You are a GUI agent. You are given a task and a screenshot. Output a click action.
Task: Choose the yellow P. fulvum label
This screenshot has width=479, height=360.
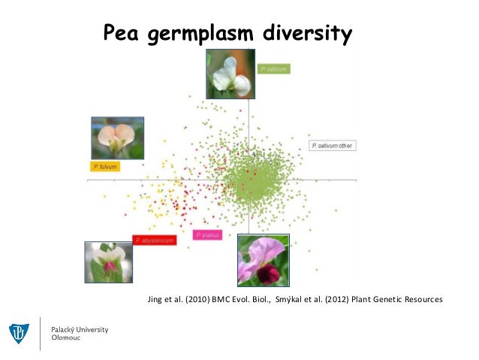coord(104,165)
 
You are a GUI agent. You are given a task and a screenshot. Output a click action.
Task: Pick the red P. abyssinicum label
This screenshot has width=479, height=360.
coord(155,240)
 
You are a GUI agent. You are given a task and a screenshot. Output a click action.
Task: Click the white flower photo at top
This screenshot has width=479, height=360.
coord(230,74)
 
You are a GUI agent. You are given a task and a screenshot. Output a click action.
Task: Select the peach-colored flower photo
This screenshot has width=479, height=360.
coord(117,138)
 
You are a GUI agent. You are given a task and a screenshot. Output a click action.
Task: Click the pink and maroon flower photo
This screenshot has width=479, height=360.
coord(263,259)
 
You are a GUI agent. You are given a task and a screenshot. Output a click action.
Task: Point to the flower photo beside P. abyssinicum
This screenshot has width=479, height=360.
coord(109,262)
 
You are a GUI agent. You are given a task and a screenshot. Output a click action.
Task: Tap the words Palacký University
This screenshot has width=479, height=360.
coord(80,329)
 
